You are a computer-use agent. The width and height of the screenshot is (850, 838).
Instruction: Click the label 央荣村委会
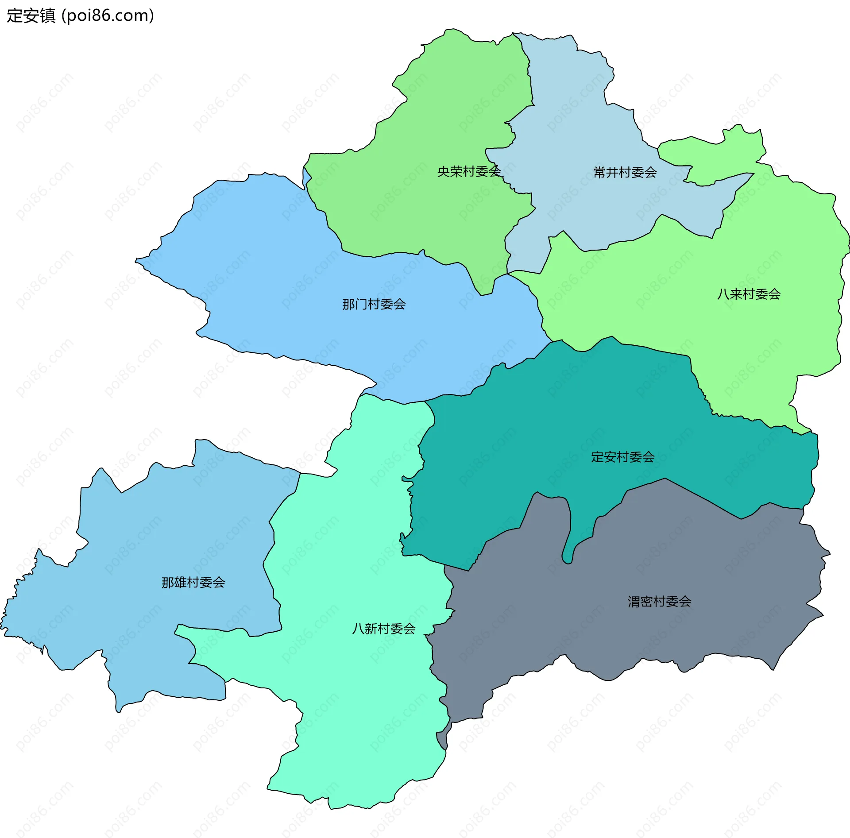coord(469,171)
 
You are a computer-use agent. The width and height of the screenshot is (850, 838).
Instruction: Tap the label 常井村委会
coord(625,172)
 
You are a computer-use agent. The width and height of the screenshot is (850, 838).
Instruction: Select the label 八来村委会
coord(749,294)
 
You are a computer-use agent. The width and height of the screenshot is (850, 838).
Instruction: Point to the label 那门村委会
coord(374,304)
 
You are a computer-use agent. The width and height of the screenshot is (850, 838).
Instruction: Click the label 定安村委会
coord(622,457)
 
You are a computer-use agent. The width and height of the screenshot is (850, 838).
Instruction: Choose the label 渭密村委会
coord(659,601)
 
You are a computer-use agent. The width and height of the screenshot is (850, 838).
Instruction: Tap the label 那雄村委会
coord(193,582)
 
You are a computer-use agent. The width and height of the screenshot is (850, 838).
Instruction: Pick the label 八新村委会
coord(383,628)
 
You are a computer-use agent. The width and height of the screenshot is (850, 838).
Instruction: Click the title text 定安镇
coord(31,15)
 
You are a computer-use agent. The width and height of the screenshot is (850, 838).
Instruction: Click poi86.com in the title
coord(108,15)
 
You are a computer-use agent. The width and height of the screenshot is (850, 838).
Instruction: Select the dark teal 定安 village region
coord(553,421)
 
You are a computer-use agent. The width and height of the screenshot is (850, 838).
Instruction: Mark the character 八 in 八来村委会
coord(723,294)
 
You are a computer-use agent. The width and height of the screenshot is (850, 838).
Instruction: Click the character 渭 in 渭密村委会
coord(634,601)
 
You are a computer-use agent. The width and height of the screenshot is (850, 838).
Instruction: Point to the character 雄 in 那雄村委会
coord(180,582)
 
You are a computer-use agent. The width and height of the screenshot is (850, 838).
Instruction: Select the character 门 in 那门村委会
coord(361,304)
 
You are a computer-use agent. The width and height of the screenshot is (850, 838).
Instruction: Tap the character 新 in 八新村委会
coord(371,628)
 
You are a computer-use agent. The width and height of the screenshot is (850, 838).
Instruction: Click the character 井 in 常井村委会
coord(612,172)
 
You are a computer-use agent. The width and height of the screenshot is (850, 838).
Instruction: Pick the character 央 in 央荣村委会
coord(444,171)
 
